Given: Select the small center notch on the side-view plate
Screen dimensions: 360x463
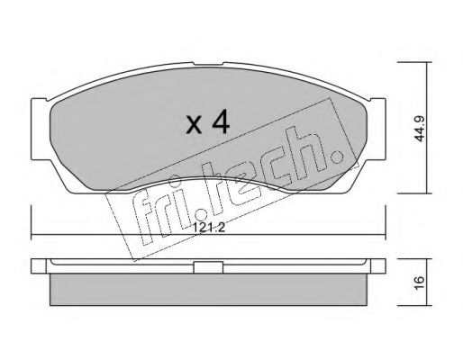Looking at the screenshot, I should click(x=208, y=266).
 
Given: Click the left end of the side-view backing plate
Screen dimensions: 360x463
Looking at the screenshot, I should click(x=36, y=267).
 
